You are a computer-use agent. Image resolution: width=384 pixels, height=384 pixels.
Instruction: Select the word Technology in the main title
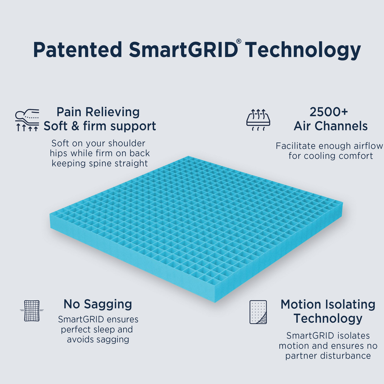click(x=303, y=50)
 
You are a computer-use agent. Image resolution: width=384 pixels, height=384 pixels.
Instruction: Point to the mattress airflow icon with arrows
click(x=258, y=120)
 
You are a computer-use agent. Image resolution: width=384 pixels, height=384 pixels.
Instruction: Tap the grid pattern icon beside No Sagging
click(x=32, y=311)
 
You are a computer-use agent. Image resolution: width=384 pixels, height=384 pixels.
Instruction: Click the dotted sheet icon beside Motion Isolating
click(x=258, y=312)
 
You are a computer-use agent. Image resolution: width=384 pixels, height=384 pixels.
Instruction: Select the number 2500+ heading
click(x=329, y=112)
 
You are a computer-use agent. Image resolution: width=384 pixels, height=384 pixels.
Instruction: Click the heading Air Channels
click(x=330, y=126)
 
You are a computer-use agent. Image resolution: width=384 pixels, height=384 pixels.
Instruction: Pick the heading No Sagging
click(x=98, y=304)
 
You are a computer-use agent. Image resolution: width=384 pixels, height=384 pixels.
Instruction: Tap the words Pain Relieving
click(x=98, y=112)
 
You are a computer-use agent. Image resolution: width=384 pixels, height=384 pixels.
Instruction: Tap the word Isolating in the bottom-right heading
click(x=350, y=304)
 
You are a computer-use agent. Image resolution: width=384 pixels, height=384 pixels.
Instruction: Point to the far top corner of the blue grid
click(x=188, y=157)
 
